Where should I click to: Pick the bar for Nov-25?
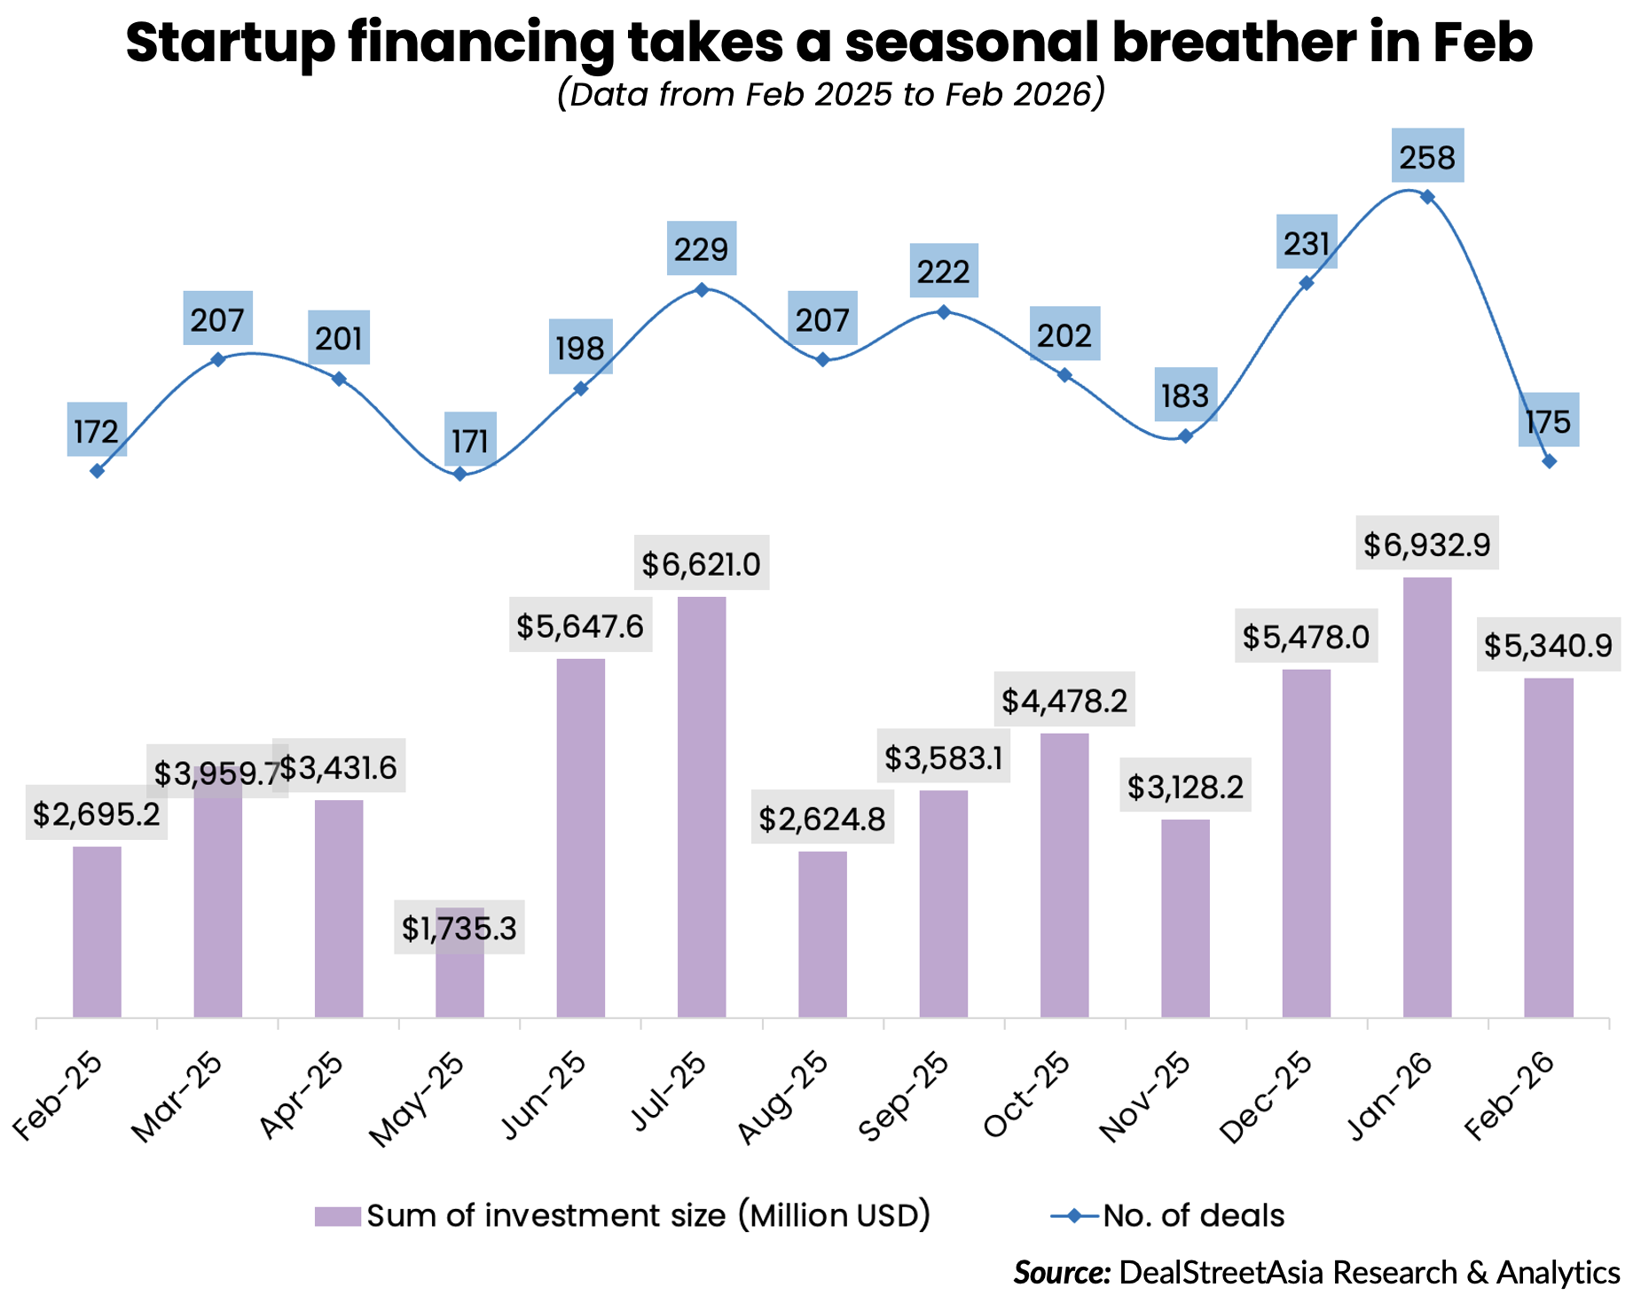1185,917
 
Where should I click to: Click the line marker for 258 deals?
1427,197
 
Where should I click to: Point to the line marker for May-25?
459,475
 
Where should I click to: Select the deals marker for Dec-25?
1307,283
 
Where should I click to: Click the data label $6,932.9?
1426,544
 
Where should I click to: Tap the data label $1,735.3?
459,929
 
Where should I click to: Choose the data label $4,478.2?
1064,701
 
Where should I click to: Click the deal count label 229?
701,249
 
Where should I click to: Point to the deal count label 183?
1185,396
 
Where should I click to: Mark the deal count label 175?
1548,421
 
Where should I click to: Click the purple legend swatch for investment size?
337,1215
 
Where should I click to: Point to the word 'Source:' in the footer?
1062,1272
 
